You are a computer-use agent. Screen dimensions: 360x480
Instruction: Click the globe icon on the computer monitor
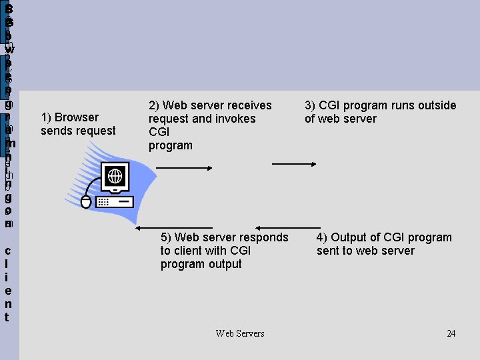(x=115, y=177)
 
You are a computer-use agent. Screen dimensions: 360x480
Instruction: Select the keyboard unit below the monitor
(x=115, y=201)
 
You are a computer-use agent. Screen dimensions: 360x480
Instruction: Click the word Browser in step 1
(x=78, y=117)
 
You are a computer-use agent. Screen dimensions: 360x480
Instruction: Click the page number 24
(x=451, y=333)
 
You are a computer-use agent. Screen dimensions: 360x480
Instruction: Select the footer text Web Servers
(x=240, y=333)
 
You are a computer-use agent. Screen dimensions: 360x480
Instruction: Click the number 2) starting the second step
(x=154, y=105)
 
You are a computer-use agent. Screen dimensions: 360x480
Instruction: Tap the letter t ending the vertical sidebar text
(x=7, y=317)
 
